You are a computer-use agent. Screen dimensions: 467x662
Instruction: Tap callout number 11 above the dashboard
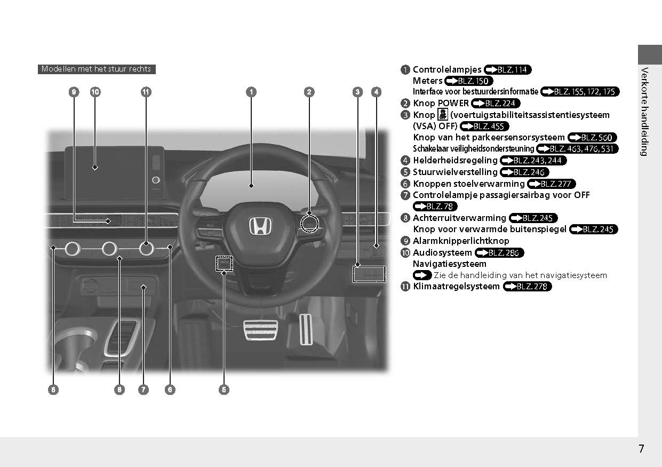(x=146, y=92)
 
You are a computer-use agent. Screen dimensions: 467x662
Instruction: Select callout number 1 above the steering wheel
(x=251, y=92)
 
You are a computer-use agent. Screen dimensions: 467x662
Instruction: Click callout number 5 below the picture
(x=224, y=390)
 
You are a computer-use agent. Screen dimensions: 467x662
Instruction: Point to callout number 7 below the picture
(x=143, y=390)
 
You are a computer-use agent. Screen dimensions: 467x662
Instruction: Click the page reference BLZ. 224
(x=496, y=104)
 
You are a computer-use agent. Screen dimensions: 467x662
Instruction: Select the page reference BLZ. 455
(x=484, y=126)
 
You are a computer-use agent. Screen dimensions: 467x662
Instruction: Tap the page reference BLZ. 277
(x=552, y=184)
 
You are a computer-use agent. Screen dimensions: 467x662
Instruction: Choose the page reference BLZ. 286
(x=499, y=253)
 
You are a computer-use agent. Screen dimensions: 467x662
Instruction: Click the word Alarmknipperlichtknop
(x=461, y=241)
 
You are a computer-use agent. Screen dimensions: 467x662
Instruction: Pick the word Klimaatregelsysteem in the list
(x=456, y=287)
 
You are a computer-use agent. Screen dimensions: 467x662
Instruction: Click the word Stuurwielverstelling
(x=455, y=172)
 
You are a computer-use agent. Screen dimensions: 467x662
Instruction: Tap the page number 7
(x=641, y=449)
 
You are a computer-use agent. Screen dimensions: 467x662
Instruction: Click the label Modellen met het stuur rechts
(x=97, y=69)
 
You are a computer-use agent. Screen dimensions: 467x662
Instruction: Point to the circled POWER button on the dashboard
(x=309, y=224)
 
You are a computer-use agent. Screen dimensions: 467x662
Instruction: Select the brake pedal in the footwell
(x=259, y=330)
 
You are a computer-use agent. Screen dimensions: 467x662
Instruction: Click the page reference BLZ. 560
(x=592, y=138)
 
